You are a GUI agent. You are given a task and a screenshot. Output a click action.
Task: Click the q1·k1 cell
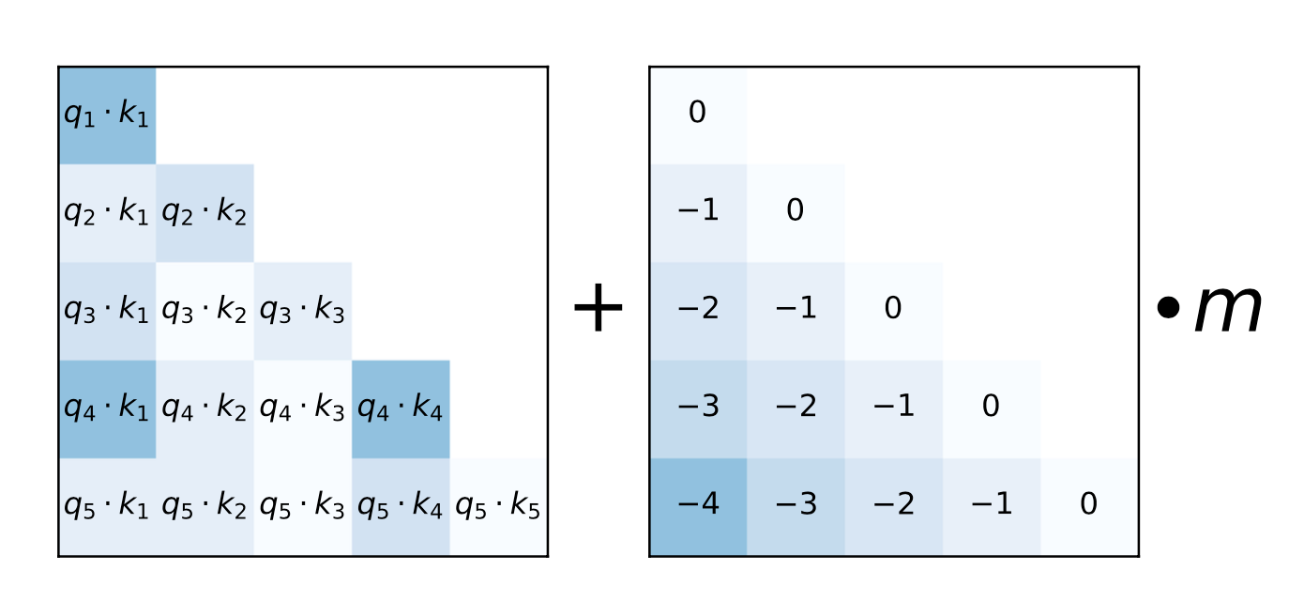pyautogui.click(x=107, y=116)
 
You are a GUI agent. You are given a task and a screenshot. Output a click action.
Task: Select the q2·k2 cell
pyautogui.click(x=205, y=213)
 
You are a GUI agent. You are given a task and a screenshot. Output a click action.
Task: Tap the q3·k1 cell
pyautogui.click(x=107, y=311)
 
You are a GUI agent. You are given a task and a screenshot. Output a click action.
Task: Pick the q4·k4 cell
pyautogui.click(x=401, y=409)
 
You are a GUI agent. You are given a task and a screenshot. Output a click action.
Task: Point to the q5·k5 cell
pyautogui.click(x=498, y=507)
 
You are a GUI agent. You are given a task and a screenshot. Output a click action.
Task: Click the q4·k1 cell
pyautogui.click(x=107, y=409)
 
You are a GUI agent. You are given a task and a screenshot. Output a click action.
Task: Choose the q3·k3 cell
pyautogui.click(x=303, y=311)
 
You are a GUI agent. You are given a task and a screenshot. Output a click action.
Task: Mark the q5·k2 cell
pyautogui.click(x=205, y=507)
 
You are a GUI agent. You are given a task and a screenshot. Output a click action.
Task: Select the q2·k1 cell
pyautogui.click(x=107, y=213)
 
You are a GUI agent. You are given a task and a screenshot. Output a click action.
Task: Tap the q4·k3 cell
pyautogui.click(x=303, y=409)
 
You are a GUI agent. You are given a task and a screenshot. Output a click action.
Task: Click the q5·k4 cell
pyautogui.click(x=401, y=507)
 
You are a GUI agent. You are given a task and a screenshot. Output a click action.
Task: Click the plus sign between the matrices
pyautogui.click(x=598, y=308)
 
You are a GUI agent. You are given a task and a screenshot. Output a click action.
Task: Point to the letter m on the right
pyautogui.click(x=1228, y=309)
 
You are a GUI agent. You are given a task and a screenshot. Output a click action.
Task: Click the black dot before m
pyautogui.click(x=1168, y=308)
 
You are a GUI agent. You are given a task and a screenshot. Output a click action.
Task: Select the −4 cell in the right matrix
pyautogui.click(x=699, y=507)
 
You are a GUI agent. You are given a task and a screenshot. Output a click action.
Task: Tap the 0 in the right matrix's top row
pyautogui.click(x=697, y=112)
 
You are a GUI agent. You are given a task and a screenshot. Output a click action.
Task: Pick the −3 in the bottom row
pyautogui.click(x=796, y=503)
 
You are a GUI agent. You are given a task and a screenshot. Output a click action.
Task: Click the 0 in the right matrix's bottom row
pyautogui.click(x=1088, y=503)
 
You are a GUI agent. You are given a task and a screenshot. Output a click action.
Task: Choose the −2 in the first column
pyautogui.click(x=698, y=308)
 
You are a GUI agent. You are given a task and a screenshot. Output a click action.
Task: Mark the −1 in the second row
pyautogui.click(x=698, y=209)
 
